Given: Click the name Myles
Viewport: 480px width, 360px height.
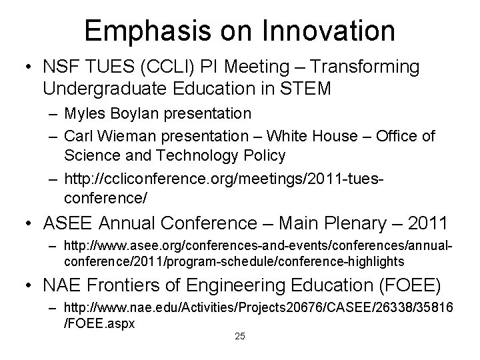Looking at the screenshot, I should [84, 114].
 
